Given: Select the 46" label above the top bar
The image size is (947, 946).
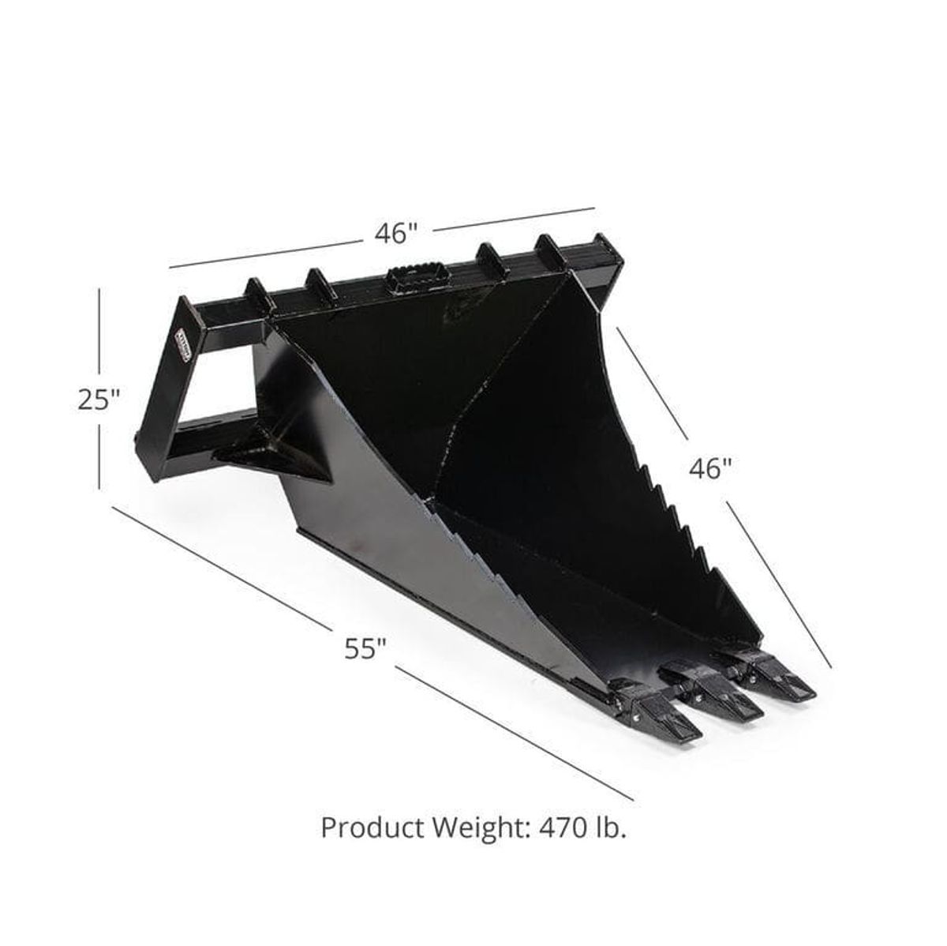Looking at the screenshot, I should click(395, 234).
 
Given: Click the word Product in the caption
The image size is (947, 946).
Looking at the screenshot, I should click(373, 829).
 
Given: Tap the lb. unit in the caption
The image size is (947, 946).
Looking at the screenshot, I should click(612, 829).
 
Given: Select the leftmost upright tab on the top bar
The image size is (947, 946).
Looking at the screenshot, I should click(257, 294).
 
